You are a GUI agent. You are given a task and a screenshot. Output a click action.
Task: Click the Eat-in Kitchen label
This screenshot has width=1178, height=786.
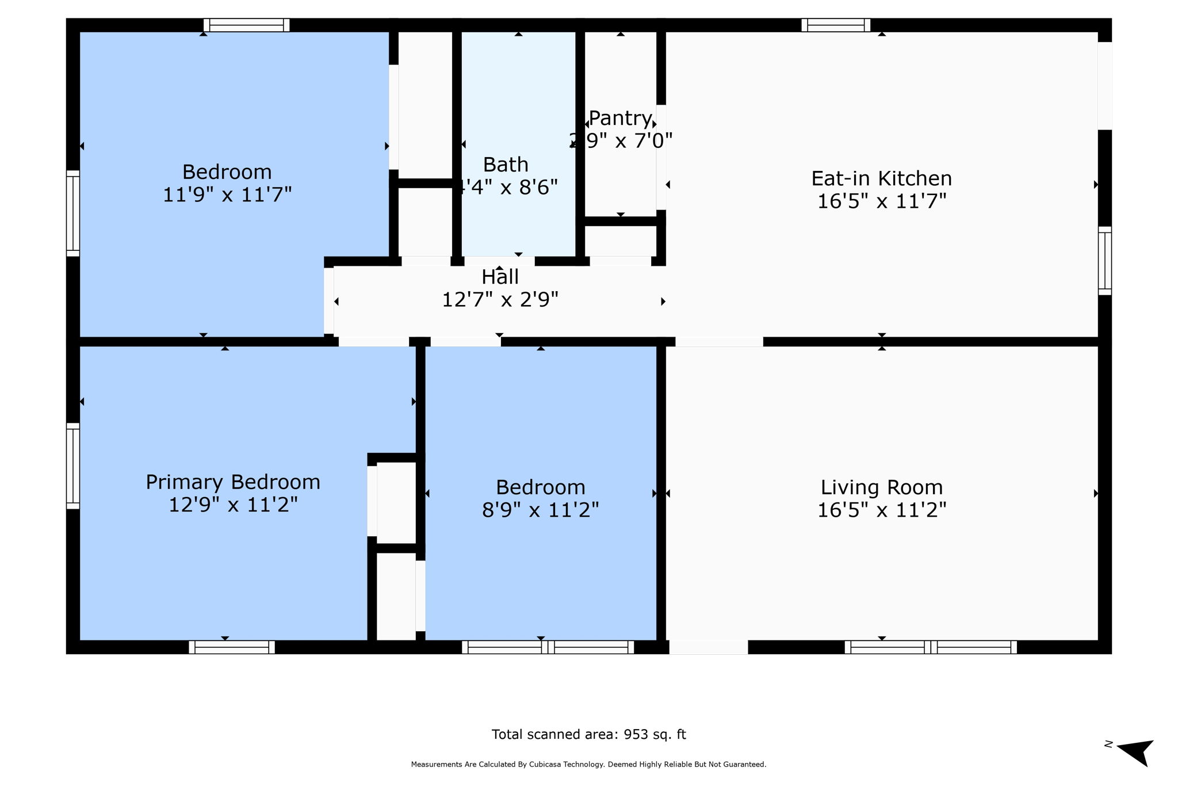[881, 178]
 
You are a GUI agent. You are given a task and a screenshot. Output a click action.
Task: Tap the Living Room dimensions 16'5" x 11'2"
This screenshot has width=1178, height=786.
[881, 510]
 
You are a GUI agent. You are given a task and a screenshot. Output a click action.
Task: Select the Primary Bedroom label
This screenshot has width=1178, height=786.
[233, 482]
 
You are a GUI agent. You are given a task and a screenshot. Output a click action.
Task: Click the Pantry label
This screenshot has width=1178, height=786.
[620, 119]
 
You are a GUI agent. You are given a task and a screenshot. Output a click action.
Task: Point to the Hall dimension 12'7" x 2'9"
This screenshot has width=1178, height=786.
[500, 300]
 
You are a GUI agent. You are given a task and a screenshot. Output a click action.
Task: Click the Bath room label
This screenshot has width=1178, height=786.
[506, 165]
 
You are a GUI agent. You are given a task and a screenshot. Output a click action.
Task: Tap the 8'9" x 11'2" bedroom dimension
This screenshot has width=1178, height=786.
[540, 510]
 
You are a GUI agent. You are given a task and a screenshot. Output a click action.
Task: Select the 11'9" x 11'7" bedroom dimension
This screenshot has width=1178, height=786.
[227, 194]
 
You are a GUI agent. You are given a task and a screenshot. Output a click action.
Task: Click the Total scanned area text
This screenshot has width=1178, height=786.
[588, 734]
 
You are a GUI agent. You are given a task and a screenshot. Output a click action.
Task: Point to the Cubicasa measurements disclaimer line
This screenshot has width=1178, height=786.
[588, 765]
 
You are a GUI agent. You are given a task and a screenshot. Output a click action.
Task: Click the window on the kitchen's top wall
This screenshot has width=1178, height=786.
[836, 25]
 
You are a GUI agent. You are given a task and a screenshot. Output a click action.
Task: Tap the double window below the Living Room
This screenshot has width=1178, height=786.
[930, 647]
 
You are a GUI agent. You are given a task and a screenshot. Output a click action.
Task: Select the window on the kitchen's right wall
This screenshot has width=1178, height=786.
[1105, 261]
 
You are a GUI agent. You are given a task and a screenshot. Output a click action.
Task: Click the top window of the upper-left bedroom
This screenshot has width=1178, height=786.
[246, 25]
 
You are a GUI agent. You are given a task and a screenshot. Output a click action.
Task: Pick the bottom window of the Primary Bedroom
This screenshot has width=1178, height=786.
[232, 647]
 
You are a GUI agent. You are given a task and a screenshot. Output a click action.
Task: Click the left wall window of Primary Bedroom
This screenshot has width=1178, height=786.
[73, 466]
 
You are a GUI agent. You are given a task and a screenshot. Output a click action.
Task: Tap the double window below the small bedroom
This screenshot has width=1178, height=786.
[548, 647]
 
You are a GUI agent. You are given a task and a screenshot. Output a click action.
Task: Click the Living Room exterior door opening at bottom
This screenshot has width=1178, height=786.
[709, 647]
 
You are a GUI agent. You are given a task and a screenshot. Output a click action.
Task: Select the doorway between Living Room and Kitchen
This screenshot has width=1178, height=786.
[719, 342]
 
